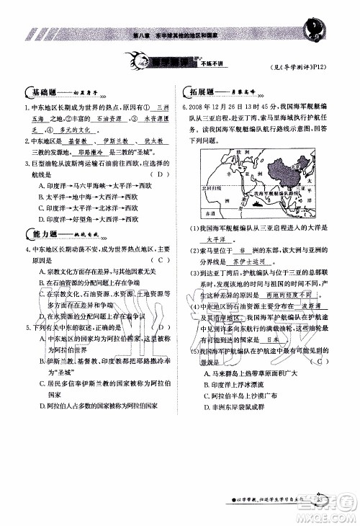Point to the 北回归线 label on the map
point(212,187)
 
